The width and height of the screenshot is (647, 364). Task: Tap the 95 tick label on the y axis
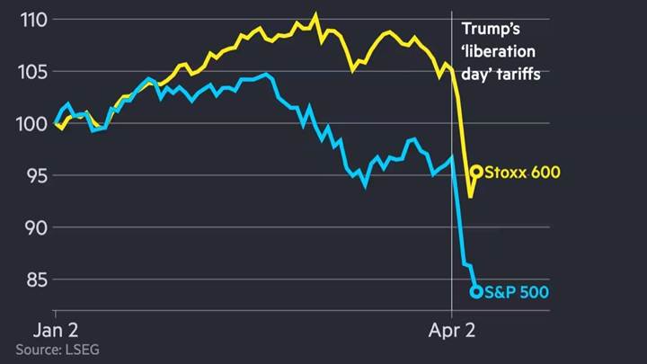click(x=27, y=175)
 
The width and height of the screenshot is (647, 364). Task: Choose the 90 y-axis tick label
click(x=27, y=227)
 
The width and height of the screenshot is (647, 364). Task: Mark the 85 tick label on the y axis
click(x=27, y=280)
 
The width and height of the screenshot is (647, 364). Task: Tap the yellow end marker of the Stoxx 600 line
click(x=477, y=171)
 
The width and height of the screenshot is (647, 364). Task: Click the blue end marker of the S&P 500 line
click(x=476, y=290)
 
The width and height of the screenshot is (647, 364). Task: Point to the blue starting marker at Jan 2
click(x=57, y=123)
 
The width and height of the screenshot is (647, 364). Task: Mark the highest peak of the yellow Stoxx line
click(x=315, y=14)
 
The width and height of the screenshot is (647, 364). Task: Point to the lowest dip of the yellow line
click(x=470, y=196)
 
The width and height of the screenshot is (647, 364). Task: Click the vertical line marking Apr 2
click(x=451, y=225)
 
